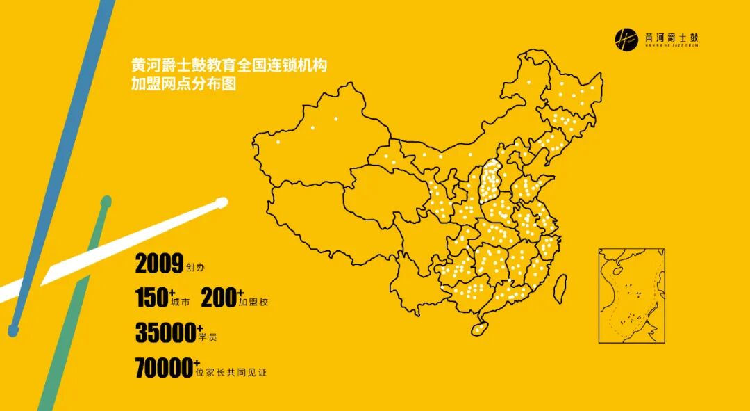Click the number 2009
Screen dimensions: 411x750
click(159, 264)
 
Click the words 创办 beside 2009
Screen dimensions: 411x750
click(196, 267)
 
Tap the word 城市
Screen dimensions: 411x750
click(179, 303)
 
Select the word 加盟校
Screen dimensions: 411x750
click(253, 303)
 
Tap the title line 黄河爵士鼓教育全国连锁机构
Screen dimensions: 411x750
click(229, 67)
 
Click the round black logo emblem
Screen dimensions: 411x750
click(626, 39)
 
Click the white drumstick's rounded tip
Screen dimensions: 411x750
click(222, 203)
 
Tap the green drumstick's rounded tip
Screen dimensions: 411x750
click(106, 202)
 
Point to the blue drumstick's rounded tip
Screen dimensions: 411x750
click(13, 331)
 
